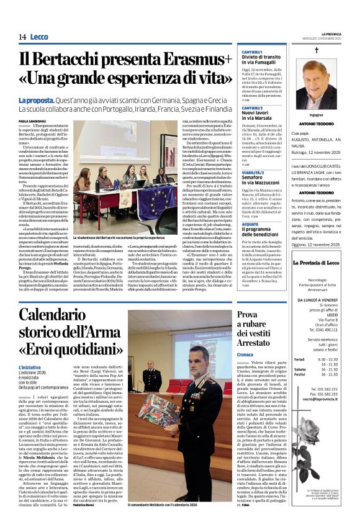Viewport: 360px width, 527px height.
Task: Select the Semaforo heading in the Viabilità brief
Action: pyautogui.click(x=256, y=178)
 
